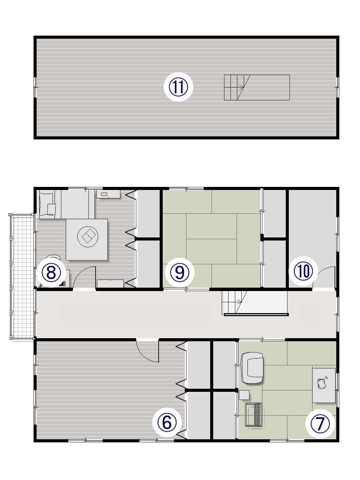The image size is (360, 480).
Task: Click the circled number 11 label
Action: tap(178, 87)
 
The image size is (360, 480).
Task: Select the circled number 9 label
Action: tap(180, 273)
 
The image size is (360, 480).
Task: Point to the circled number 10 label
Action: tap(303, 271)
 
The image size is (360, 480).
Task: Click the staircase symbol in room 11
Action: tap(257, 88)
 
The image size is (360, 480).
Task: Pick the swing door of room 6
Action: tap(147, 351)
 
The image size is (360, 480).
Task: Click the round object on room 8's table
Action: tap(88, 236)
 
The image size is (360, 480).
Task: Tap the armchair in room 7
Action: tap(252, 369)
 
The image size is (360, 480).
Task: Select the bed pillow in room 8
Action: tap(51, 209)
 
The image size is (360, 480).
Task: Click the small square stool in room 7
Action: tap(244, 395)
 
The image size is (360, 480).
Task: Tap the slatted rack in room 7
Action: tap(254, 415)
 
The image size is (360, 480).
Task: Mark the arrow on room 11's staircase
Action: tap(241, 88)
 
